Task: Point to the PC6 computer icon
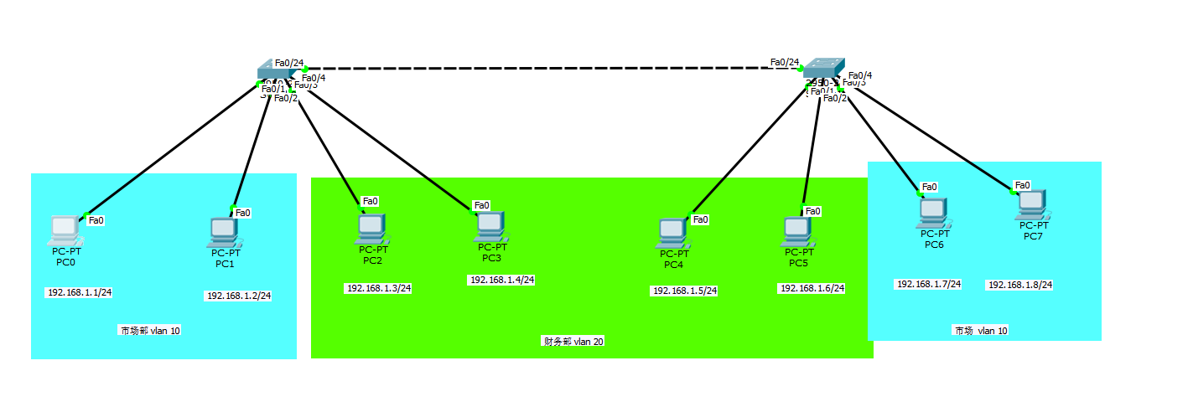(933, 213)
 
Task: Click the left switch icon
(274, 74)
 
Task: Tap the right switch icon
(823, 71)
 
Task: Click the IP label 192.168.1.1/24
(79, 293)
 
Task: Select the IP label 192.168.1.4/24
(501, 281)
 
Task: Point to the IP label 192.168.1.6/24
(812, 289)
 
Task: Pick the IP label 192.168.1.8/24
(1019, 286)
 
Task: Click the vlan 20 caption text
(573, 342)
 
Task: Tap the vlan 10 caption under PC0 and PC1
(149, 331)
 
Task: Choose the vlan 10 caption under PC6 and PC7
(980, 331)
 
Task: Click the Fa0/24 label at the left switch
(288, 63)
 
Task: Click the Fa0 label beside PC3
(481, 205)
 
